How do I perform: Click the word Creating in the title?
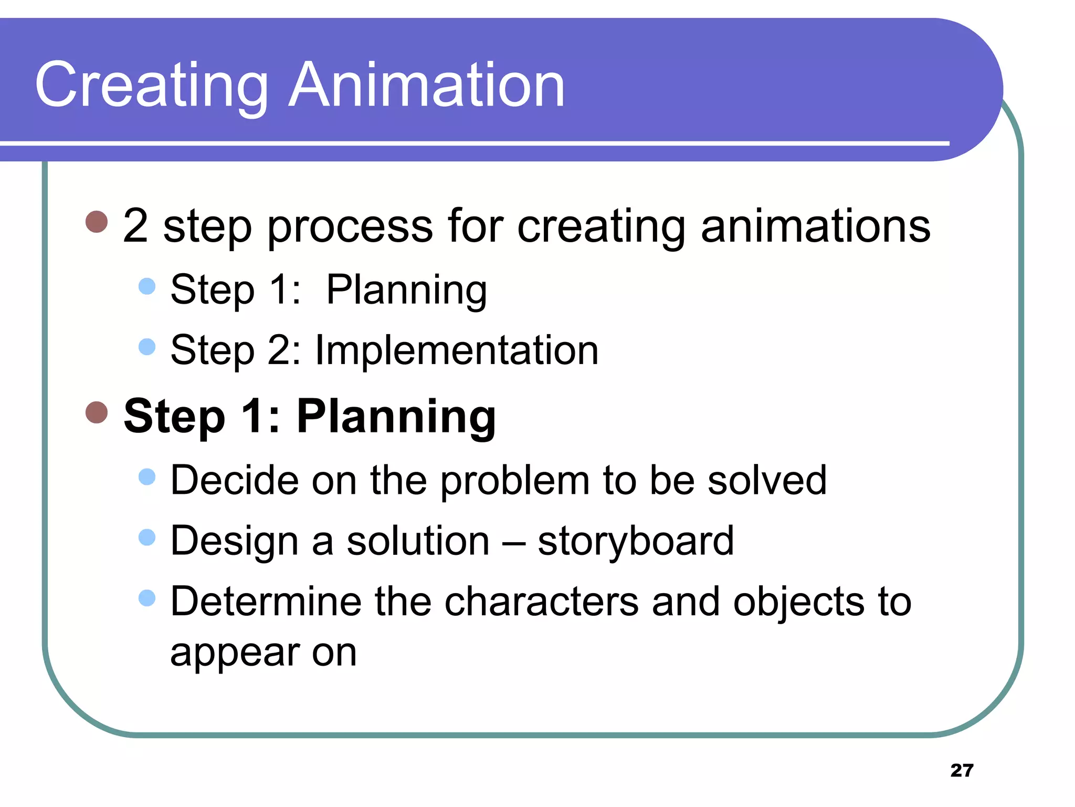tap(151, 85)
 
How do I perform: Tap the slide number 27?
tap(962, 770)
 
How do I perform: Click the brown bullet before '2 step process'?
tap(97, 222)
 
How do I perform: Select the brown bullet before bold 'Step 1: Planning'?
tap(97, 412)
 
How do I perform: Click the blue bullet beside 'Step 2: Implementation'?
tap(147, 347)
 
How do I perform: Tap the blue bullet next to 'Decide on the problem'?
tap(147, 477)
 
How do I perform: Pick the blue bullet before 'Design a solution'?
tap(147, 537)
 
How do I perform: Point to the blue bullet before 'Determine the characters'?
tap(147, 598)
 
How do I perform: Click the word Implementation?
tap(457, 351)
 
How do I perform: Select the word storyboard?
tap(635, 541)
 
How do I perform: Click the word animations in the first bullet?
tap(815, 226)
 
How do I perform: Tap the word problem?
tap(514, 481)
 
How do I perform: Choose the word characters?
tap(542, 602)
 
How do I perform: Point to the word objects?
tap(798, 602)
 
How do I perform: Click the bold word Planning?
tap(396, 416)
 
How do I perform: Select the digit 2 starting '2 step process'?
tap(135, 226)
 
